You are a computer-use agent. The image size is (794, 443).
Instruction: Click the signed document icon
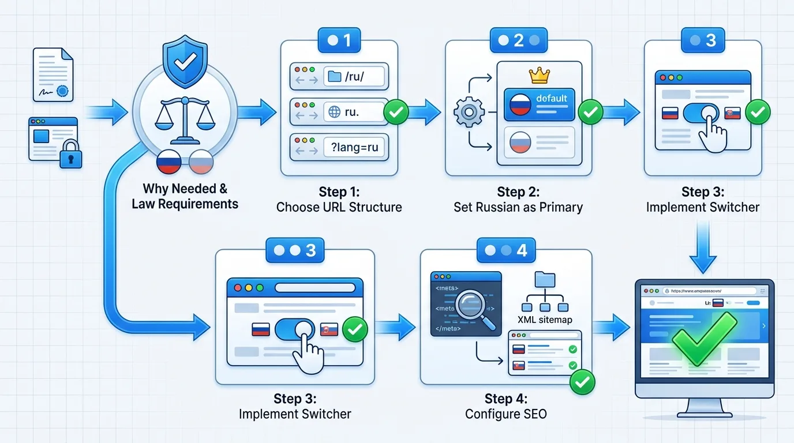(53, 74)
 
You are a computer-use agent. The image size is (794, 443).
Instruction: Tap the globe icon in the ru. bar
(334, 112)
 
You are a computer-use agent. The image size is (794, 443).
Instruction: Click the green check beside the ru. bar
(396, 112)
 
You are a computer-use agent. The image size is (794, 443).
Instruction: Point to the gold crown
(539, 75)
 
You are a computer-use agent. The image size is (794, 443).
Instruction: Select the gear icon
(468, 111)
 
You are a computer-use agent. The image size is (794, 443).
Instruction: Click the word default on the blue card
(551, 98)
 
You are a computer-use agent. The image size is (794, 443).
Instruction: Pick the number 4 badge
(505, 250)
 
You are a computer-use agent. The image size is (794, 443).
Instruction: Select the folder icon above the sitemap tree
(545, 279)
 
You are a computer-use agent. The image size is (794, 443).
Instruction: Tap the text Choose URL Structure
(339, 207)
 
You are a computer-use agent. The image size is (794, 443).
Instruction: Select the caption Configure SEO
(505, 414)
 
